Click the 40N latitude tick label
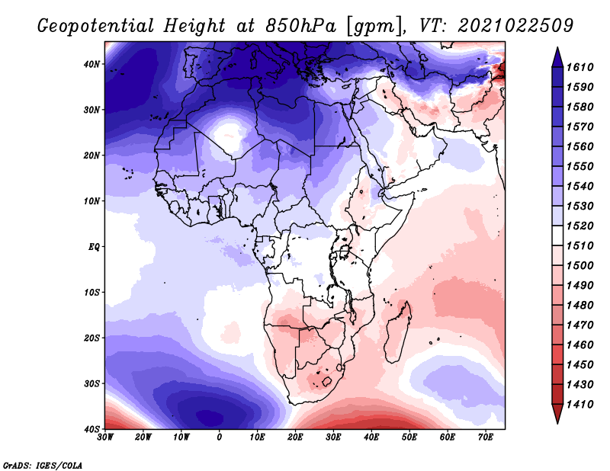(91, 64)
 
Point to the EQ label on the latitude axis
(94, 247)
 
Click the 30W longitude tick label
(105, 437)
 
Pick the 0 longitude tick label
(220, 437)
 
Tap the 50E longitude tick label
(409, 437)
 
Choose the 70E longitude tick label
(486, 437)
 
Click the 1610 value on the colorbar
(580, 67)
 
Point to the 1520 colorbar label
(580, 226)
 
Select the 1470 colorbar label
(580, 325)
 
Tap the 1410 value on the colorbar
(580, 405)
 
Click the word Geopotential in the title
(96, 27)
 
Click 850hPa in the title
(300, 26)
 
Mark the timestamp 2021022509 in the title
(515, 26)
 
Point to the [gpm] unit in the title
(375, 27)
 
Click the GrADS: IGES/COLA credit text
(43, 465)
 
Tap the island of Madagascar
(398, 332)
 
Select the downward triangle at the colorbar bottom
(557, 413)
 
